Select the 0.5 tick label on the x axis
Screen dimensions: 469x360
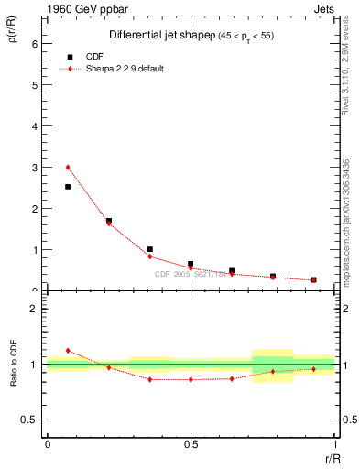pos(191,445)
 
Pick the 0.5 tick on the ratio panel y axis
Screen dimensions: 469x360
pos(30,420)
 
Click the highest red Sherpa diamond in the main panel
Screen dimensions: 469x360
pos(68,168)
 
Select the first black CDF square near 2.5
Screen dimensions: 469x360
pos(68,187)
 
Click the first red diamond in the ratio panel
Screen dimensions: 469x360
pos(68,351)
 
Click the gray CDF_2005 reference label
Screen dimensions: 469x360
pos(191,273)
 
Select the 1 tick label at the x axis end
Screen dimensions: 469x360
pos(334,445)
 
